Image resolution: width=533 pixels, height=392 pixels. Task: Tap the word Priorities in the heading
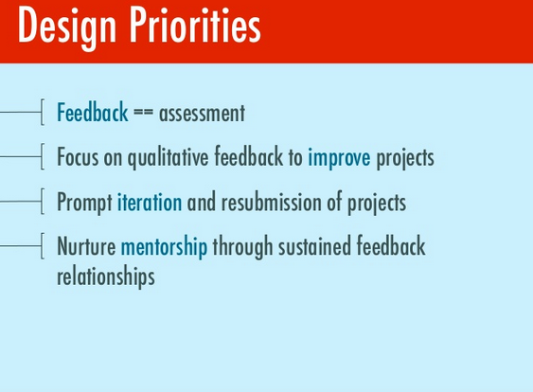coord(195,26)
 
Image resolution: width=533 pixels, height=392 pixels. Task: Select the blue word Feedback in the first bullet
coord(93,112)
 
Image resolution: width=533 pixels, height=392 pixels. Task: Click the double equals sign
coord(144,113)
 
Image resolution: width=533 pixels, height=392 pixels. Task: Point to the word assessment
coord(202,114)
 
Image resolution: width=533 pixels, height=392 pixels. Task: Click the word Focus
coord(78,157)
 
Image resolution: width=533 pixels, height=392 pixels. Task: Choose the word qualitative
coord(168,157)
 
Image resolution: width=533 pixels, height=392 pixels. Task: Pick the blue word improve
coord(339,158)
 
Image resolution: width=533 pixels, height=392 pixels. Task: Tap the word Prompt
coord(84,203)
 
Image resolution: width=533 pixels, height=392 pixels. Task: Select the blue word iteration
coord(150,202)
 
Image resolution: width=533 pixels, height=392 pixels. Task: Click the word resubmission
coord(272,202)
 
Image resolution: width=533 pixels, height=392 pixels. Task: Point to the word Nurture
coord(86,246)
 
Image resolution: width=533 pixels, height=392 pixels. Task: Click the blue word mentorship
coord(164,247)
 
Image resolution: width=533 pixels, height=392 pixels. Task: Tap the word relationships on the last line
coord(106,277)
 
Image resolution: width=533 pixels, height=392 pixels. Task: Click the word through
coord(242,247)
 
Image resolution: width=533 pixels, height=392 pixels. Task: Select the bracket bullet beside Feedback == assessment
coord(43,112)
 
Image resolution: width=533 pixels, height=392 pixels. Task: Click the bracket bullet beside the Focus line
coord(43,156)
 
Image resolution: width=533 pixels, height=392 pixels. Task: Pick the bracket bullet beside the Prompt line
coord(43,202)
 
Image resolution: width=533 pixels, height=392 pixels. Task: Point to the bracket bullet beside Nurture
coord(43,246)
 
